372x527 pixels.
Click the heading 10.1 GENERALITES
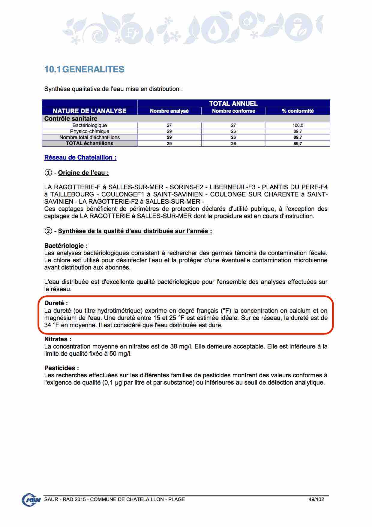(84, 69)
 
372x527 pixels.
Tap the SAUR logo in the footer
(31, 500)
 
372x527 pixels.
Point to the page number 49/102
(316, 499)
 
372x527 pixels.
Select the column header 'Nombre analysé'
(169, 111)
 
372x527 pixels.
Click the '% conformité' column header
(298, 111)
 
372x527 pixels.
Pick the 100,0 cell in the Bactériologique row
(298, 125)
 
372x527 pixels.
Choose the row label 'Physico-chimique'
(90, 131)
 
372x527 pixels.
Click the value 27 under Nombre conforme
(233, 125)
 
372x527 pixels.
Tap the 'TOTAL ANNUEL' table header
(233, 103)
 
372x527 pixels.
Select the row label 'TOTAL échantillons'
(90, 143)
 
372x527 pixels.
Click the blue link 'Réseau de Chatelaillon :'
(80, 157)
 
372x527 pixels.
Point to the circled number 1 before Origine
(48, 173)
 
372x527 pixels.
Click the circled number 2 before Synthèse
(48, 231)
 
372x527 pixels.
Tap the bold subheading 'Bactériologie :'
(66, 246)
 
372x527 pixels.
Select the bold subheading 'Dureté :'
(56, 303)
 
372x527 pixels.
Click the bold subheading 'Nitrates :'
(58, 339)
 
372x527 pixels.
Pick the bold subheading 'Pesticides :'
(62, 368)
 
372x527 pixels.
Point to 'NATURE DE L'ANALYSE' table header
(90, 111)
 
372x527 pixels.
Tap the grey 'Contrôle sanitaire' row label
(71, 119)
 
